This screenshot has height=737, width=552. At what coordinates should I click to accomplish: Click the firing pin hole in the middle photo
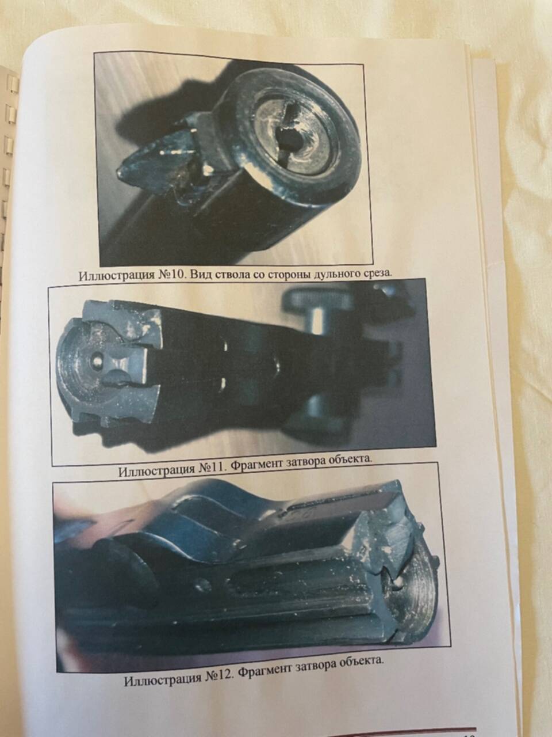[x=97, y=361]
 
